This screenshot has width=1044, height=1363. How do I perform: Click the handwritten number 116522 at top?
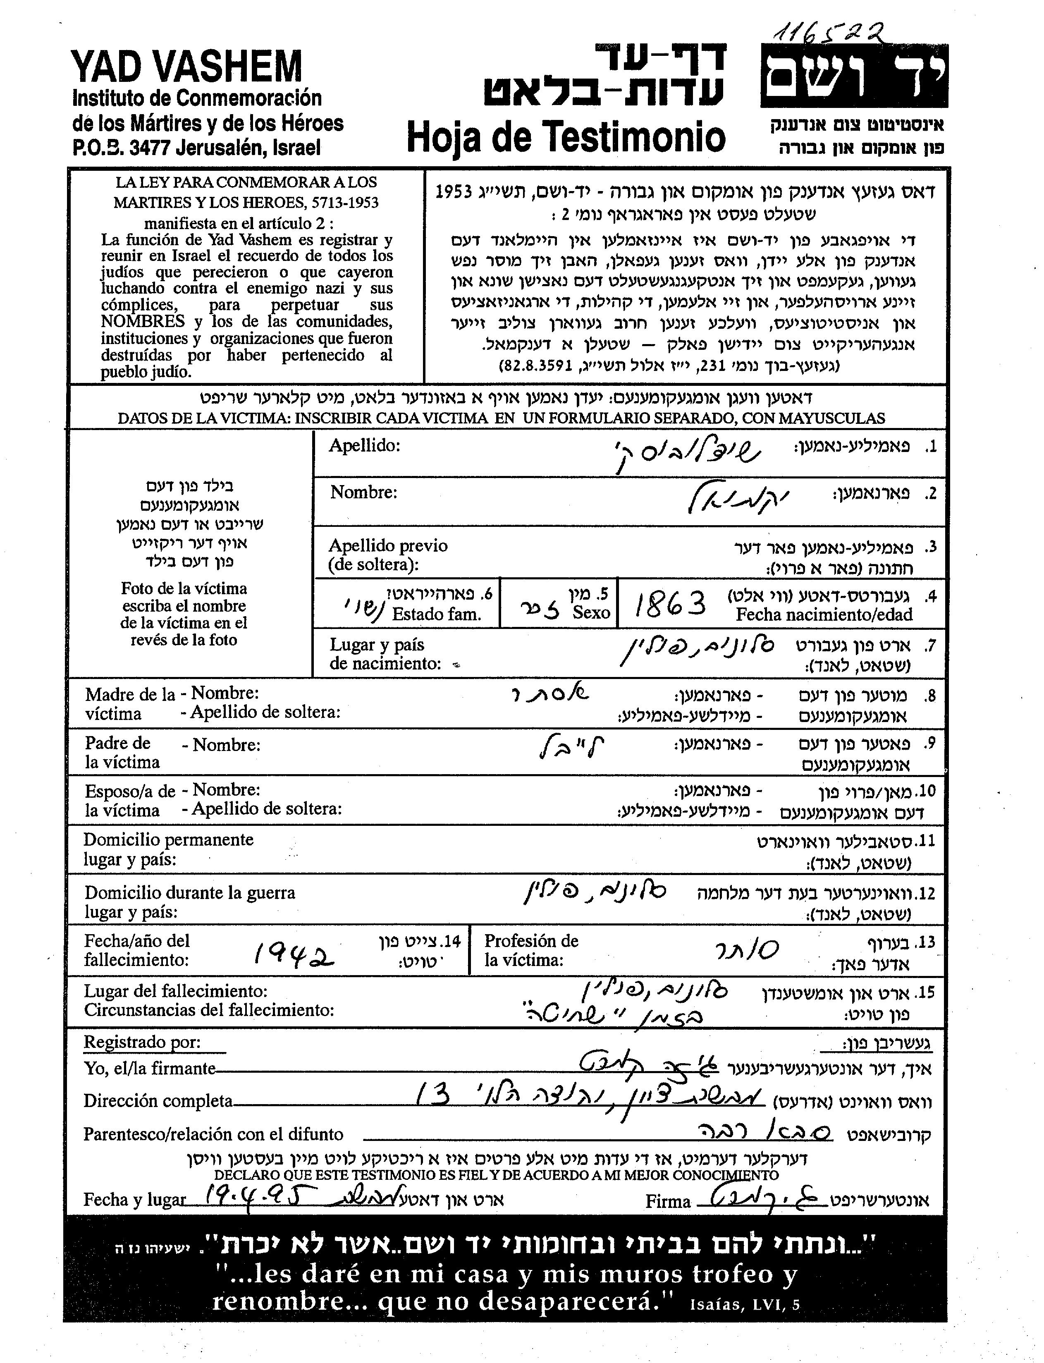(829, 29)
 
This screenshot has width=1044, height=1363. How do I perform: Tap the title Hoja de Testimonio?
(566, 136)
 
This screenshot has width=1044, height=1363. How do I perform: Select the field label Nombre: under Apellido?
(363, 492)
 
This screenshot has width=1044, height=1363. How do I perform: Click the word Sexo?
(591, 613)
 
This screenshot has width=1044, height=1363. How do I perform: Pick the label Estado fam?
(436, 615)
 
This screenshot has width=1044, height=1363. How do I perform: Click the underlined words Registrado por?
(142, 1042)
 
